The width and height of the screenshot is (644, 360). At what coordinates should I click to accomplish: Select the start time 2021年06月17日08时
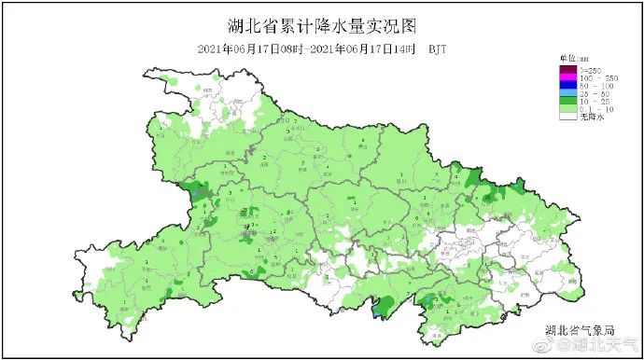251,48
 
